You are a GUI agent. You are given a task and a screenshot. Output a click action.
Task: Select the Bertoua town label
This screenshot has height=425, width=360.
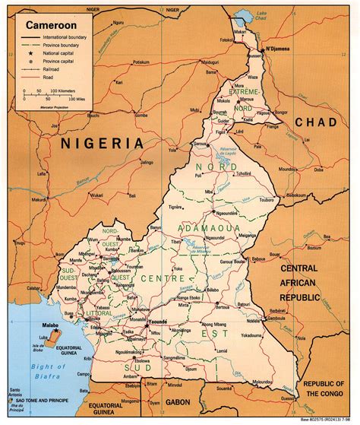[247, 305]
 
